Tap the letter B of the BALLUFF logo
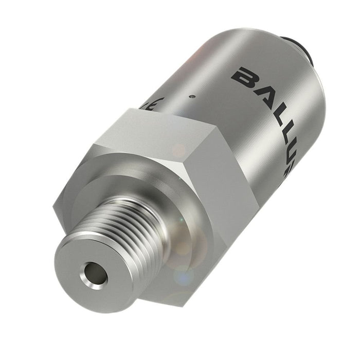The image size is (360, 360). coord(243,77)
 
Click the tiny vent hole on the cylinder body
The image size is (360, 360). coord(191,96)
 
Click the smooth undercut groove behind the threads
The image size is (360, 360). coord(154,206)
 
